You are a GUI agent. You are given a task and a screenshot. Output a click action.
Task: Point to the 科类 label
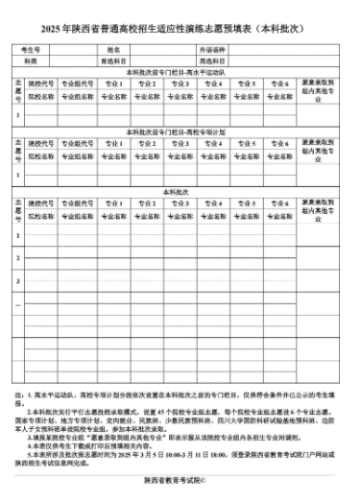31,60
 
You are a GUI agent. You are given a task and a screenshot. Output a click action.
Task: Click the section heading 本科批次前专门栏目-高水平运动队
180,72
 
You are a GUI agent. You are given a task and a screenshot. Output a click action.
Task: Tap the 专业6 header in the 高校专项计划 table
279,143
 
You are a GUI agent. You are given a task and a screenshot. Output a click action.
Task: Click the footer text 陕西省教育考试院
180,481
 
